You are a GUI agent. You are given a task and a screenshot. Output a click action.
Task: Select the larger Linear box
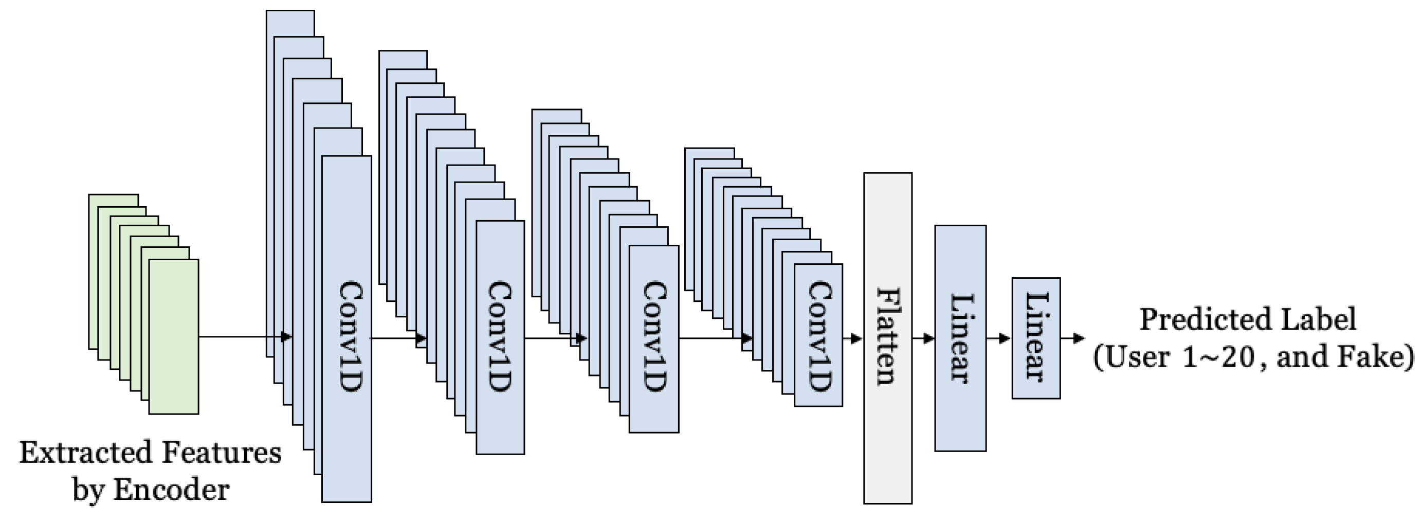click(x=960, y=337)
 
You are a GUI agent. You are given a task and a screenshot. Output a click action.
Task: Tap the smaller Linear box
click(x=1036, y=337)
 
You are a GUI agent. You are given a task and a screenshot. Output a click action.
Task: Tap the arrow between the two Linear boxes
click(x=999, y=338)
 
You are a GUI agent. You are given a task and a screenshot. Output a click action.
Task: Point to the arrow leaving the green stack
click(x=243, y=336)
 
